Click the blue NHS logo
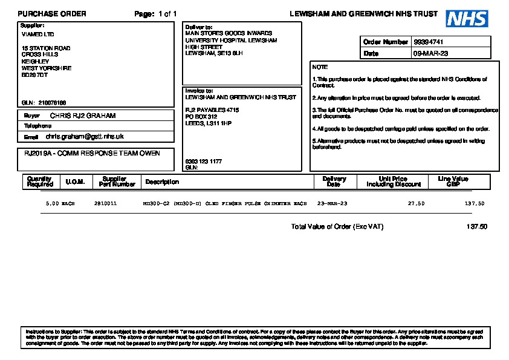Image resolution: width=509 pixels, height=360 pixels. [467, 19]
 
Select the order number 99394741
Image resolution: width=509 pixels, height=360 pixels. [429, 42]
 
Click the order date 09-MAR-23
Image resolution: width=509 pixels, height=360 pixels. [430, 54]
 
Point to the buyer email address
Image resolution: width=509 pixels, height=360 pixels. [85, 137]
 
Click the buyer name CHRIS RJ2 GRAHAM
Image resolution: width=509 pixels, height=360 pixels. [82, 116]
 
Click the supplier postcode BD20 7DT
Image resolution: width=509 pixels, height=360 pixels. [34, 75]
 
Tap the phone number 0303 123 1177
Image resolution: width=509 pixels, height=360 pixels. [203, 162]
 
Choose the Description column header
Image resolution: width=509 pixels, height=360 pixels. [162, 182]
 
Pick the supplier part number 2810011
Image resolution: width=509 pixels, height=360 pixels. [105, 204]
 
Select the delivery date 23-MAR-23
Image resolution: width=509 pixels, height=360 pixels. [332, 204]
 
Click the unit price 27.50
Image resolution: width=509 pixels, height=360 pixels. [416, 204]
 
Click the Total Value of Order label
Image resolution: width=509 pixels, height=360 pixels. [337, 227]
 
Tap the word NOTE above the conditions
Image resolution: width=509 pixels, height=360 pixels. [320, 67]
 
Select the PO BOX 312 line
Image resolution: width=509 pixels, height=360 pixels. [201, 117]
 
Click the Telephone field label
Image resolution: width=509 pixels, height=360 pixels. [37, 126]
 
